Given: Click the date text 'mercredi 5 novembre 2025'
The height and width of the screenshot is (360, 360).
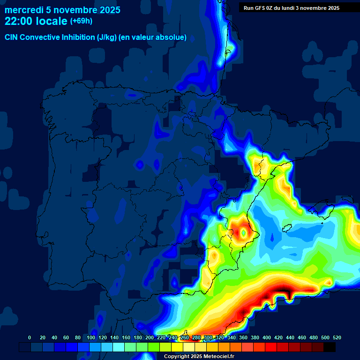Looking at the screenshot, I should coord(62,10).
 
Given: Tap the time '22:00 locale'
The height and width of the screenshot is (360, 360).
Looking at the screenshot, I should coord(36,21).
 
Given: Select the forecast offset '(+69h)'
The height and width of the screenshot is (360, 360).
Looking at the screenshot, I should coord(81,21).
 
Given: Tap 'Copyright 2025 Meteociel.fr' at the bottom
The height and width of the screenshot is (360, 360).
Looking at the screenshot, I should coord(199,356).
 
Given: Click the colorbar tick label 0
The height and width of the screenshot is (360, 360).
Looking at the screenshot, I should coord(30,337).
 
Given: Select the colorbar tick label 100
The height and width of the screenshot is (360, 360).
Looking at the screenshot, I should coord(91,337).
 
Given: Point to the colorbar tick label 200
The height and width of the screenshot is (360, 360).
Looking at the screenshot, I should coord(150,337).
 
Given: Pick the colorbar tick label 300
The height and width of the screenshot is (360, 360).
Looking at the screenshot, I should coord(208,337).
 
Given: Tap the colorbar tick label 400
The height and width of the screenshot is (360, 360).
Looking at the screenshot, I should coord(267,337).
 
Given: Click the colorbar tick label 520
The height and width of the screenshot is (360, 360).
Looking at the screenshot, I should coord(337,337).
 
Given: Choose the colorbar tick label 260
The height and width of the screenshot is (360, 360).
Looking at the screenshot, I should coord(185,337).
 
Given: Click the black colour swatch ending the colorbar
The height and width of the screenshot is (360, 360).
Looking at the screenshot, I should coord(330,347).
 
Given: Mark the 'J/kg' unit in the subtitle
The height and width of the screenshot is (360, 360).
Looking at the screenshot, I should coord(105,37).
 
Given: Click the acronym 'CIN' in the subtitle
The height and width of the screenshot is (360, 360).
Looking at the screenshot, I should coord(11,37).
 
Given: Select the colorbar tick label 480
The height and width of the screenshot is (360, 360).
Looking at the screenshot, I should coord(314,337).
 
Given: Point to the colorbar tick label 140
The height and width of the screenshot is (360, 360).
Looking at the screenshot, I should coord(114,337).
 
